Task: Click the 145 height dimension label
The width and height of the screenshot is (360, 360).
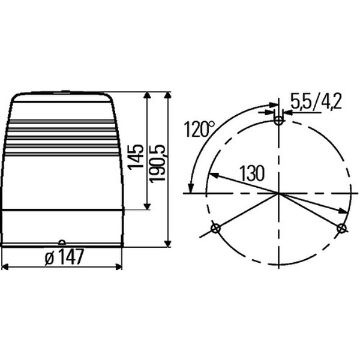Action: pos(136,157)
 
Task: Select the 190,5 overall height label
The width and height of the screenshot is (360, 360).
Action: pos(157,163)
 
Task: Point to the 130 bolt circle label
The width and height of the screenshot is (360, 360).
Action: pos(252,173)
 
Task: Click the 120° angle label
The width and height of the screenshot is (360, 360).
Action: pos(199,129)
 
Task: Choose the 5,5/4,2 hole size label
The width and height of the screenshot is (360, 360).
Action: pos(316,101)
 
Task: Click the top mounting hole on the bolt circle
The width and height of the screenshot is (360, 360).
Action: pos(278,120)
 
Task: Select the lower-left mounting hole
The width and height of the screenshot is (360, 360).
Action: pos(215,229)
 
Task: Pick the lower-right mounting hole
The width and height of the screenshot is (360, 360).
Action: pos(341,229)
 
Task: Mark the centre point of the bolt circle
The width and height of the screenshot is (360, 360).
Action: pos(278,193)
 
